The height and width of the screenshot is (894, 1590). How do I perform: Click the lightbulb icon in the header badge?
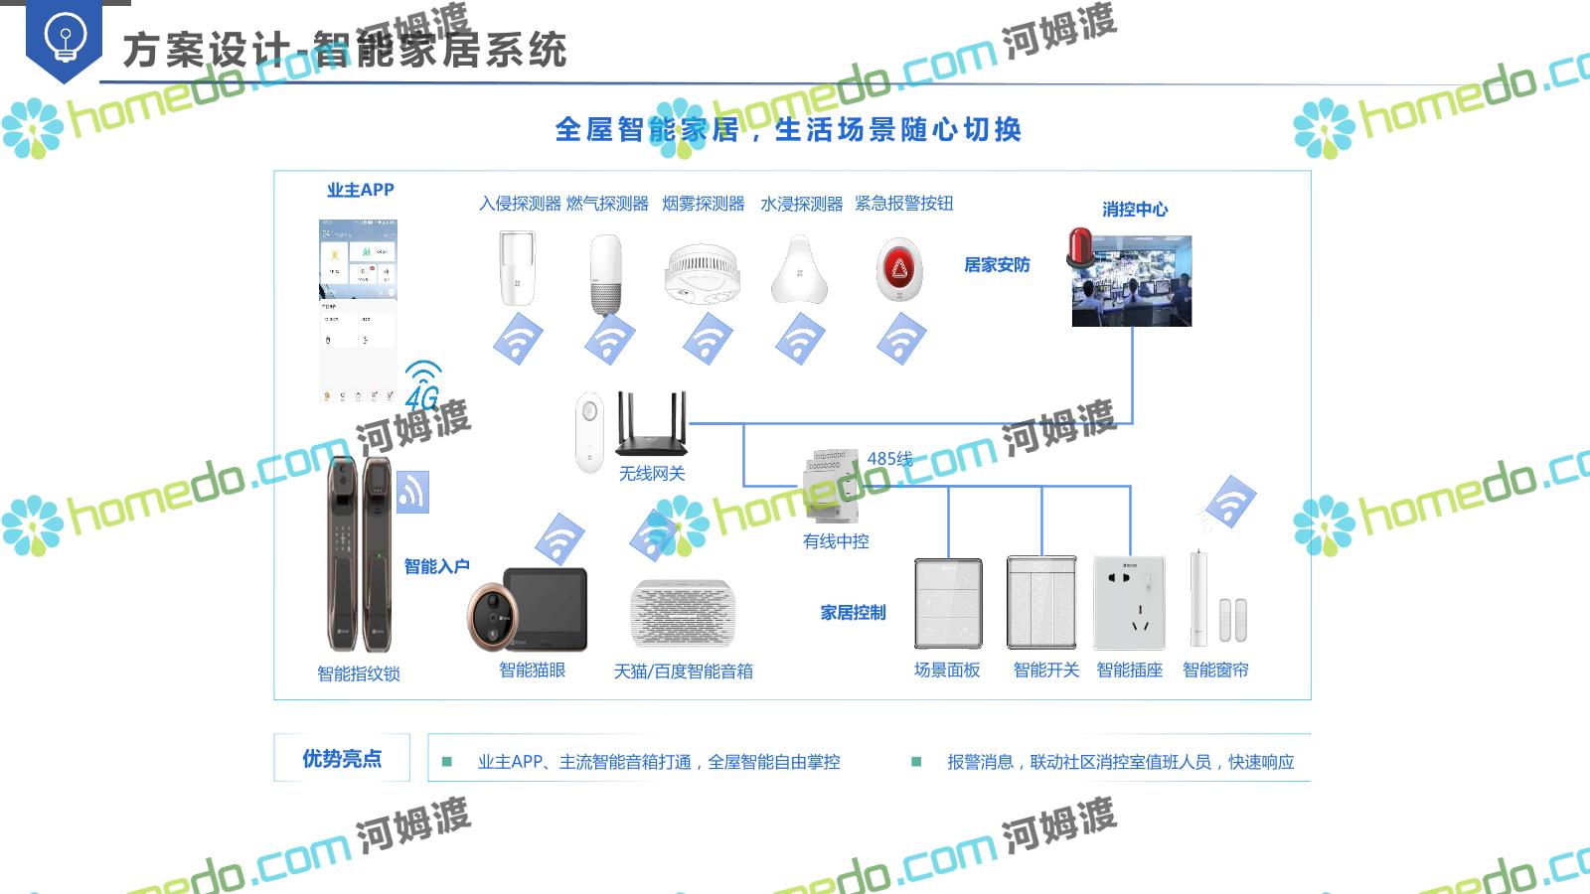point(65,38)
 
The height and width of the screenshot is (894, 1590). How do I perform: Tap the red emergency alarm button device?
point(899,269)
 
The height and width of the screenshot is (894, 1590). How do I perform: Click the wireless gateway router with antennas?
point(651,424)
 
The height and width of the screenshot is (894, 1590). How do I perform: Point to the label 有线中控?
point(836,541)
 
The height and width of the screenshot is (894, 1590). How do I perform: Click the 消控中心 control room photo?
point(1132,281)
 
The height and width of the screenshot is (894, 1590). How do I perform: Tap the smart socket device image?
point(1129,602)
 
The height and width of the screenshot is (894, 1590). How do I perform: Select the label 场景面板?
point(947,670)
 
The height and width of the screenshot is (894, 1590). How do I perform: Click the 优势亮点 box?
point(342,759)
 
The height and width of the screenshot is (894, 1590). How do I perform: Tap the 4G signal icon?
point(423,385)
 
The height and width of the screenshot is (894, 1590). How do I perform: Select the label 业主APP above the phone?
point(361,190)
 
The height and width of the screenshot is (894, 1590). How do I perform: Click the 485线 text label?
point(889,458)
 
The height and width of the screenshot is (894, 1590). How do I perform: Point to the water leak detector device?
point(800,269)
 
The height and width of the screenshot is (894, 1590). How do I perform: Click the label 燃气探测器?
point(607,204)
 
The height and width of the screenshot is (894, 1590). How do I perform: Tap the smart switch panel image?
point(1041,602)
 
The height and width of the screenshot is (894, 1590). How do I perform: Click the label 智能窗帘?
point(1215,670)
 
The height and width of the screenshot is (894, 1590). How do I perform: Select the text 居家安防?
point(997,265)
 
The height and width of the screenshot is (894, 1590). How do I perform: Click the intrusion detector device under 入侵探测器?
point(517,267)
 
